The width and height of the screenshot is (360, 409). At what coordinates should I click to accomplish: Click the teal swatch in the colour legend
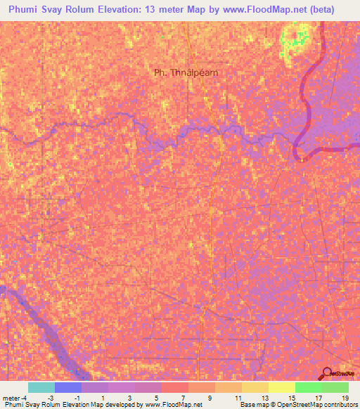click(41, 387)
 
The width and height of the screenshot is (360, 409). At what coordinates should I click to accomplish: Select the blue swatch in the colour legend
click(67, 387)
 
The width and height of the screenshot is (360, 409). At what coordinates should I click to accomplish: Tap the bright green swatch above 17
click(308, 387)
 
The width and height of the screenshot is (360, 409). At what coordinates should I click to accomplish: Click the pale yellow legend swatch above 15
click(281, 387)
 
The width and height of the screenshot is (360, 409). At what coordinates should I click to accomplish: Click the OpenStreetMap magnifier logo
click(327, 374)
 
